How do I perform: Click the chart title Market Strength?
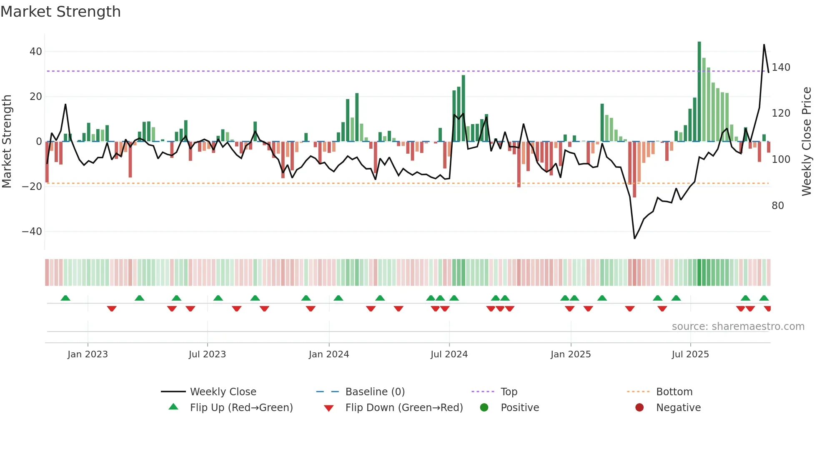tap(60, 12)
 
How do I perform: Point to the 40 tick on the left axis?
tap(36, 52)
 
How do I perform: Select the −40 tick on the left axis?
tap(33, 232)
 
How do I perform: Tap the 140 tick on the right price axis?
tap(781, 67)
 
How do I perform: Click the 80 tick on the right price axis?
tap(778, 206)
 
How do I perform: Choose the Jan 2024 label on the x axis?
tap(329, 354)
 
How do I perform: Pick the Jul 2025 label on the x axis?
tap(690, 354)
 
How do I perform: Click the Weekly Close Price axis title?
tap(807, 142)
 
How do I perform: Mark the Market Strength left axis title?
tap(7, 142)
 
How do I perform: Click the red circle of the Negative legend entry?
tap(639, 408)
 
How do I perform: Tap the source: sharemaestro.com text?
tap(738, 327)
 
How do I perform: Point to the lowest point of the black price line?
tap(634, 238)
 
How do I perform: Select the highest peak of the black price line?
tap(764, 45)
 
